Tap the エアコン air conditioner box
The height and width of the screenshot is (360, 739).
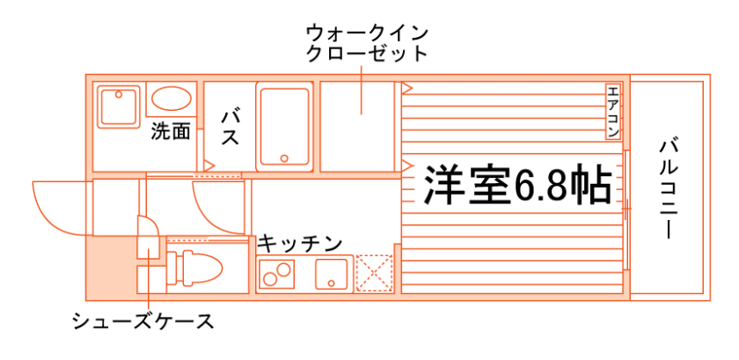[x=613, y=113]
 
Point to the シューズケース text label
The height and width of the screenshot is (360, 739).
[x=143, y=321]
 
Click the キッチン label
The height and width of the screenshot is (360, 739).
[x=299, y=242]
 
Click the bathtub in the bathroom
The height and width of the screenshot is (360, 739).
[x=284, y=126]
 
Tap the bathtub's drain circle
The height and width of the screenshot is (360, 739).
[x=284, y=158]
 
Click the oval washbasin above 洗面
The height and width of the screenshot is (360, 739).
[x=170, y=99]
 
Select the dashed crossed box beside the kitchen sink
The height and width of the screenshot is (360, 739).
[x=373, y=273]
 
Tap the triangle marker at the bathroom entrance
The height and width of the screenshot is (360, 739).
[x=209, y=165]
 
